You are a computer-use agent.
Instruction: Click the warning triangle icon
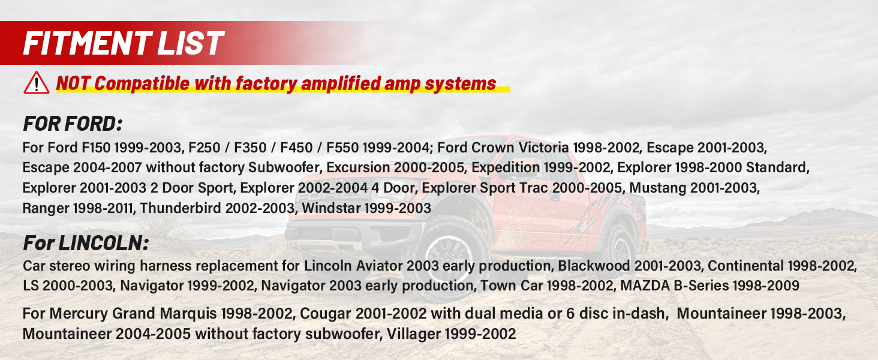pyautogui.click(x=37, y=83)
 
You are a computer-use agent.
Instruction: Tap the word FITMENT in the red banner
pyautogui.click(x=88, y=43)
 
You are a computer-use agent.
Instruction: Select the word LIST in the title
pyautogui.click(x=191, y=43)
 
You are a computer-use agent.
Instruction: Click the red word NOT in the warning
pyautogui.click(x=73, y=83)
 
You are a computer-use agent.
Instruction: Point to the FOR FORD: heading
pyautogui.click(x=73, y=124)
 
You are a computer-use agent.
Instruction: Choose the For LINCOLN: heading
pyautogui.click(x=86, y=243)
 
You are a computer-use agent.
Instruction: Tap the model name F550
pyautogui.click(x=342, y=148)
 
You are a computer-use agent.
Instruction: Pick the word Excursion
pyautogui.click(x=358, y=168)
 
